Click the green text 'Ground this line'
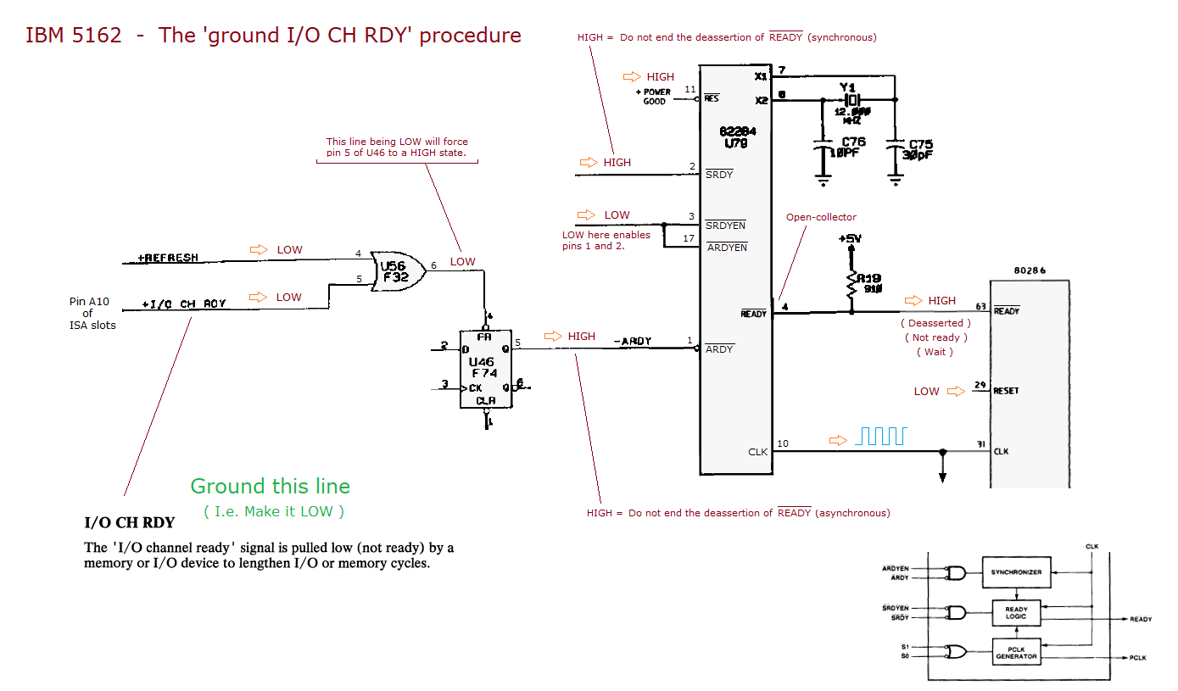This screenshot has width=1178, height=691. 270,486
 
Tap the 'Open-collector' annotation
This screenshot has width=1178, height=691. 821,217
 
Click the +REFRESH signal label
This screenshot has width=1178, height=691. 168,258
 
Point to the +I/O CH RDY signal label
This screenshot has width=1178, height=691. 184,303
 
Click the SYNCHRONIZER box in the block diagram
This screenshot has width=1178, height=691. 1016,571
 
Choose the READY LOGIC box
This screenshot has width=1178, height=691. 1016,612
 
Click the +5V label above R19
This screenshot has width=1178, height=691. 850,239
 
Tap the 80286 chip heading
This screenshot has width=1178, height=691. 1030,270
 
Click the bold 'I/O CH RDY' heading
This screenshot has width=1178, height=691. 129,522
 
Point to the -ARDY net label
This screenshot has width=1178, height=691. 632,341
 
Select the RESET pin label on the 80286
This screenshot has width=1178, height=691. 1006,391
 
